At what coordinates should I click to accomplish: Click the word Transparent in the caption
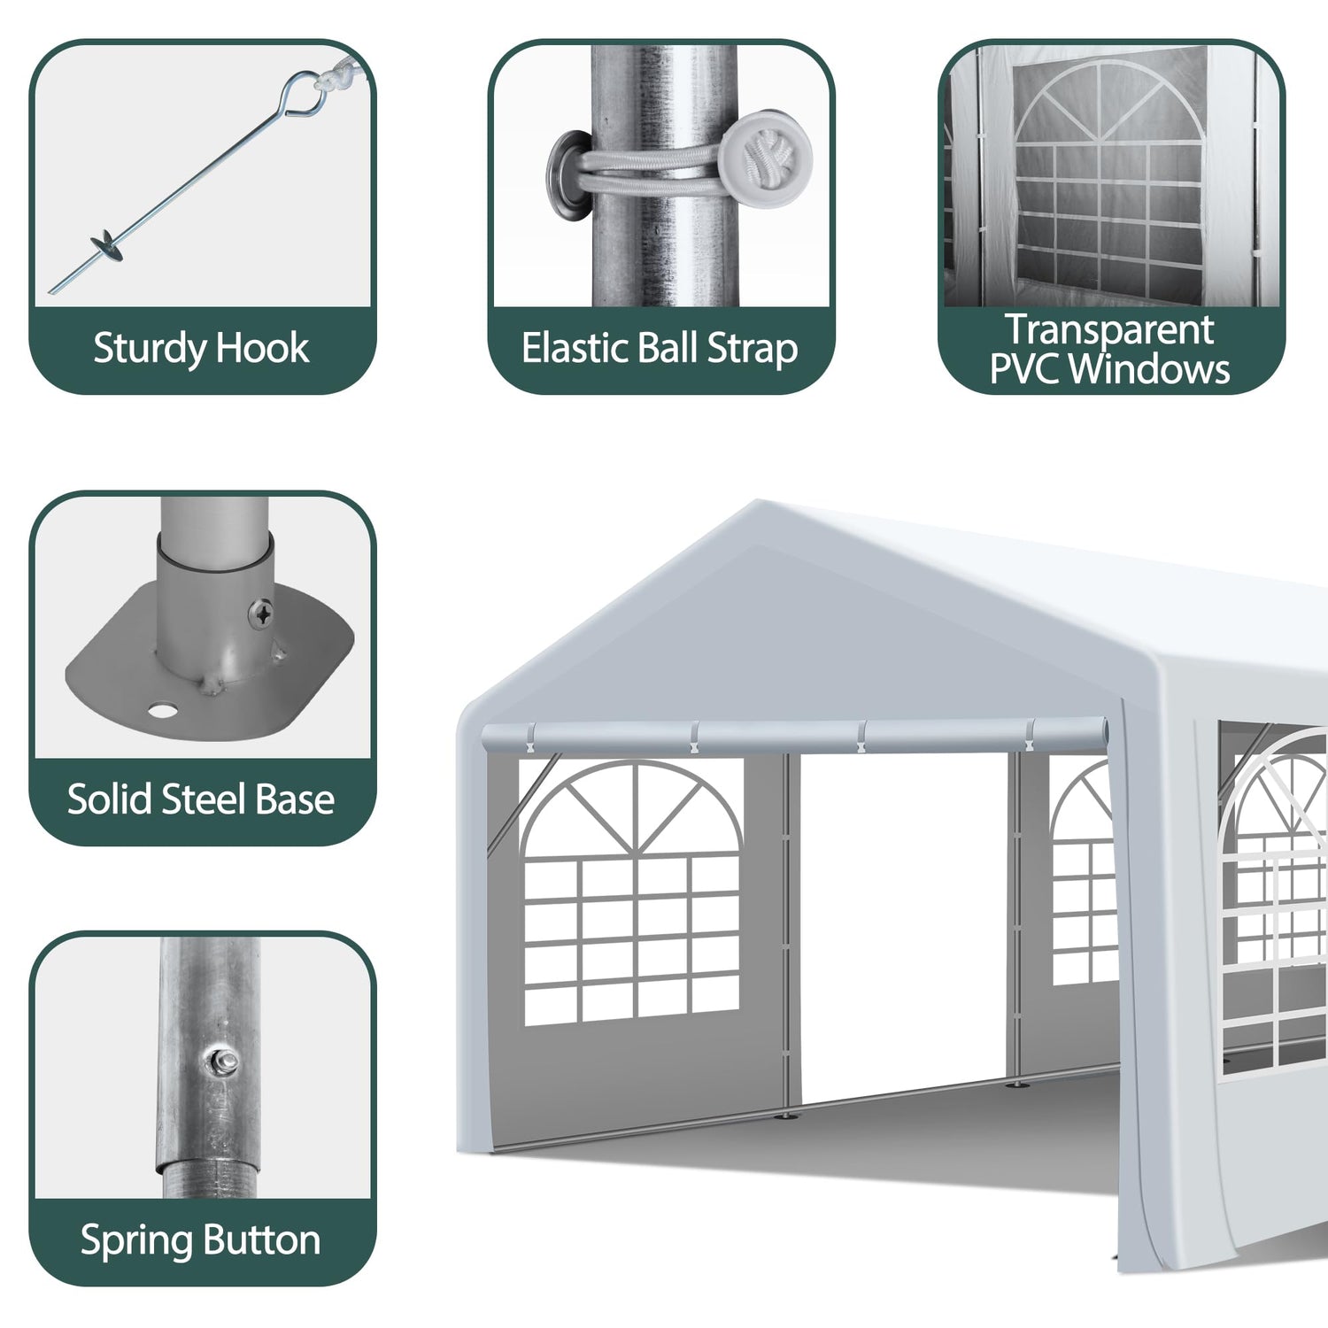[1109, 329]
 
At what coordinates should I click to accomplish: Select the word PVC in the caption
[1024, 368]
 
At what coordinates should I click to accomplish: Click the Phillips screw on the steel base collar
[261, 613]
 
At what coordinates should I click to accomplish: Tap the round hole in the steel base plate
[162, 710]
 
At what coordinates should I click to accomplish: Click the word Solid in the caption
[112, 799]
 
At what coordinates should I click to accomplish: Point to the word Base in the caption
[295, 799]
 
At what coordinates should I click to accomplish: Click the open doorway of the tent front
[903, 930]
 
